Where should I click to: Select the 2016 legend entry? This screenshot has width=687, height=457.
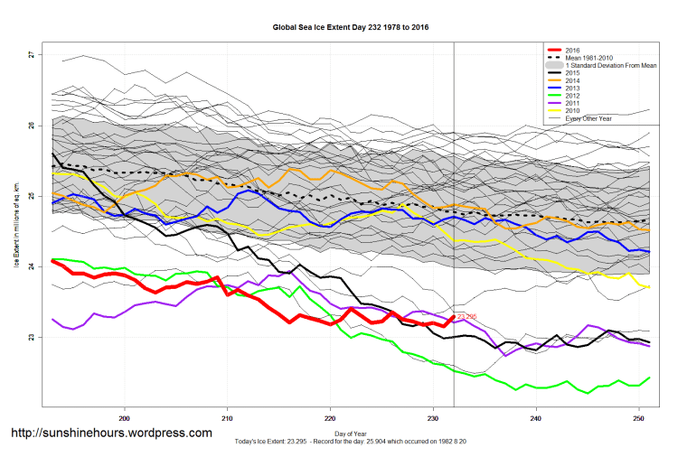(570, 50)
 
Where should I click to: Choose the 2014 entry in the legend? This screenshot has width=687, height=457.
(570, 80)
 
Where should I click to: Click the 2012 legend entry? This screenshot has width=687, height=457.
(570, 96)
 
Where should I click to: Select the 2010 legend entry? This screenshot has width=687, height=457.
(570, 111)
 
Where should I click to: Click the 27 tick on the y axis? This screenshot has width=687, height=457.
(30, 55)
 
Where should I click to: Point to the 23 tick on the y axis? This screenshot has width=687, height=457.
(30, 337)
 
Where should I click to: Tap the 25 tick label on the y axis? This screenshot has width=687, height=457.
(30, 196)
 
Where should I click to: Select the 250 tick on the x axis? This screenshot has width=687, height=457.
(639, 417)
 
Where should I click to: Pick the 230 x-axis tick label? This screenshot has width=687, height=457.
(433, 417)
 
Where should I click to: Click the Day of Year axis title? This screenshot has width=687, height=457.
(351, 435)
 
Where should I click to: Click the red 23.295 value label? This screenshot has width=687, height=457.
(466, 316)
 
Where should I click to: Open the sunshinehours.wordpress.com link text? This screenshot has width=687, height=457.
(111, 434)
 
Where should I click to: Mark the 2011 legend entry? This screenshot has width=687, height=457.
(570, 103)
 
